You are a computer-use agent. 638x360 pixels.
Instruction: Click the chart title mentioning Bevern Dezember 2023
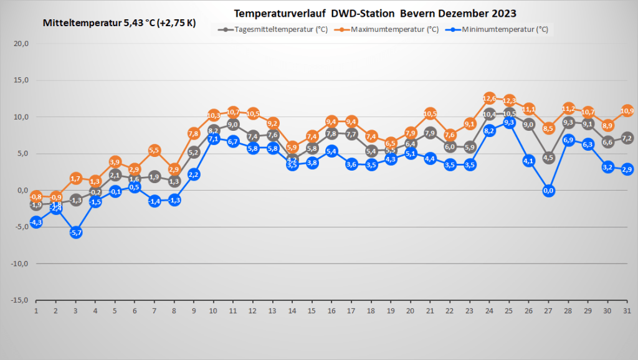pyautogui.click(x=375, y=13)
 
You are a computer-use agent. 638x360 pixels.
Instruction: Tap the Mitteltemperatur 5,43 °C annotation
pyautogui.click(x=119, y=23)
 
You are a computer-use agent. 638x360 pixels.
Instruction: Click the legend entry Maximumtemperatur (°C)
pyautogui.click(x=389, y=29)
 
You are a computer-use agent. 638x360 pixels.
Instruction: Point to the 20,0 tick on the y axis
pyautogui.click(x=21, y=44)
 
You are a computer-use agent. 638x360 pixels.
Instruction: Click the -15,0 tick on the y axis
pyautogui.click(x=20, y=300)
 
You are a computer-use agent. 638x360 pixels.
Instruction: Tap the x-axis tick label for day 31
pyautogui.click(x=627, y=310)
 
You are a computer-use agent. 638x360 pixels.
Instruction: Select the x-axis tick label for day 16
pyautogui.click(x=331, y=310)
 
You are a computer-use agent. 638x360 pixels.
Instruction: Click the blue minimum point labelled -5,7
pyautogui.click(x=76, y=232)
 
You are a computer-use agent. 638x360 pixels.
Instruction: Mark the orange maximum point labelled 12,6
pyautogui.click(x=490, y=98)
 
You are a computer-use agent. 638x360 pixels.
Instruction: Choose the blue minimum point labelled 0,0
pyautogui.click(x=549, y=191)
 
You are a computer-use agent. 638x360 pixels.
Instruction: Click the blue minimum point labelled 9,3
pyautogui.click(x=510, y=123)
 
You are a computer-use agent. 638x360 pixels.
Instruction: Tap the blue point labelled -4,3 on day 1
pyautogui.click(x=36, y=222)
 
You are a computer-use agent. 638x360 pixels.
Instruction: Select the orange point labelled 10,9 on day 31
pyautogui.click(x=627, y=111)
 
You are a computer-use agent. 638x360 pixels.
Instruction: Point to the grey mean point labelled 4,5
pyautogui.click(x=549, y=158)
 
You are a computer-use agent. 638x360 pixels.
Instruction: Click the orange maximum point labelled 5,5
pyautogui.click(x=155, y=150)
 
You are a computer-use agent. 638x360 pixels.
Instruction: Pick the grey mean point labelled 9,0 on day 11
pyautogui.click(x=234, y=125)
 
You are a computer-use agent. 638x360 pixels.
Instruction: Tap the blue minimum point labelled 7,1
pyautogui.click(x=214, y=139)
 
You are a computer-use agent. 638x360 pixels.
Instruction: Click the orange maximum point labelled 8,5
pyautogui.click(x=549, y=128)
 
